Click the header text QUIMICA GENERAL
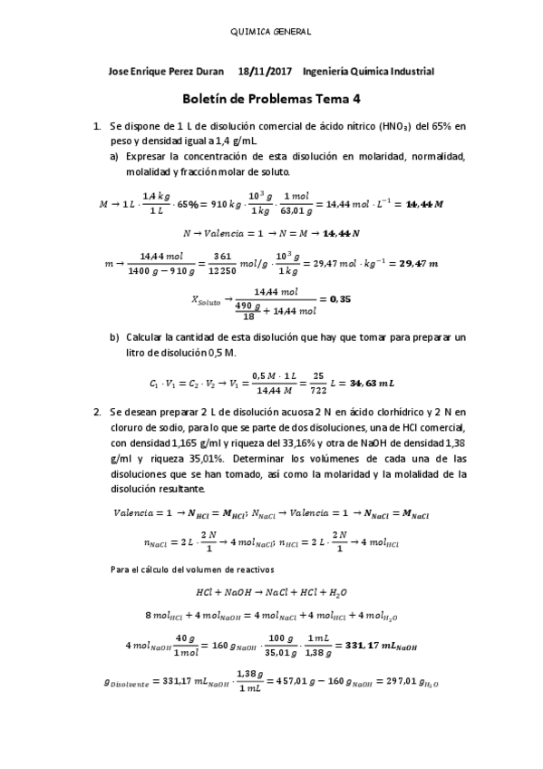(x=272, y=31)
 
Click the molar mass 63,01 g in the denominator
(x=296, y=214)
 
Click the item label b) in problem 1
(x=115, y=337)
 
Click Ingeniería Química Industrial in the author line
(x=369, y=72)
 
